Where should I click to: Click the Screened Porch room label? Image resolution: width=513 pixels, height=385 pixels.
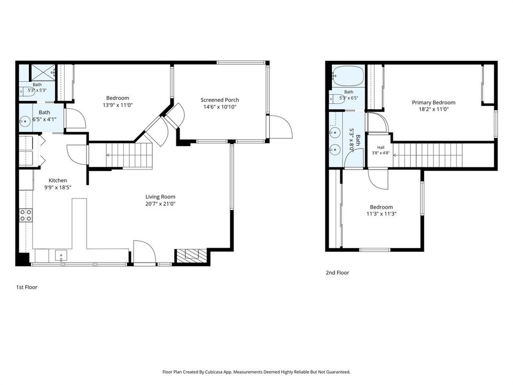[220, 100]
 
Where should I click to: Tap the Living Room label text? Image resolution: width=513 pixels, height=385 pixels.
[160, 197]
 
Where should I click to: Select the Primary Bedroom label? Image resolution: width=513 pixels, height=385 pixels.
[433, 103]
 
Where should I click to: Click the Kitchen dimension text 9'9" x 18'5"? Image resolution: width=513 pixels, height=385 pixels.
[58, 188]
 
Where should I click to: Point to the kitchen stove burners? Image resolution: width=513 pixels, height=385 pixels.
[26, 215]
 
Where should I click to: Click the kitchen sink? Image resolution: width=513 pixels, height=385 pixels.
[61, 256]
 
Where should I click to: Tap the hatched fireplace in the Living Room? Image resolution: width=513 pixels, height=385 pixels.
[192, 256]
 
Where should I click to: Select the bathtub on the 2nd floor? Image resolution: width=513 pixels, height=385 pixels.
[348, 76]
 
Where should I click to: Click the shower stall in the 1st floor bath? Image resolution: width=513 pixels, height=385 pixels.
[43, 72]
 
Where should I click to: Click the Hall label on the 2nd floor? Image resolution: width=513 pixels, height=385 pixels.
[380, 148]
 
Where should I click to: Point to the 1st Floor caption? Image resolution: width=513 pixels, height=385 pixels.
[27, 287]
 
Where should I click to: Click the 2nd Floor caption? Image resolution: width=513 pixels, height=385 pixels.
[337, 272]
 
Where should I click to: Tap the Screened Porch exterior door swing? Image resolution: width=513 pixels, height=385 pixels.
[281, 127]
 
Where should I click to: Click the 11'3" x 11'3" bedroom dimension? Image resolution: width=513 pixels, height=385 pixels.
[382, 214]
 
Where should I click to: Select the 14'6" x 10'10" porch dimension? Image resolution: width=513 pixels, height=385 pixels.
[220, 107]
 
